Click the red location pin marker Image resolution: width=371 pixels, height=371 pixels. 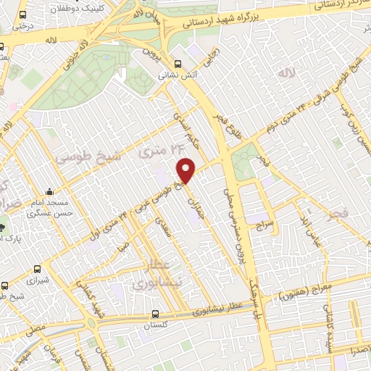(186, 170)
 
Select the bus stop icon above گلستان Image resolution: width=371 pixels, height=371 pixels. (156, 314)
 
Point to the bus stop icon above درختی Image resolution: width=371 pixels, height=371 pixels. (25, 14)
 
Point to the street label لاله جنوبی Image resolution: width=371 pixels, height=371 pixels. (74, 57)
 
